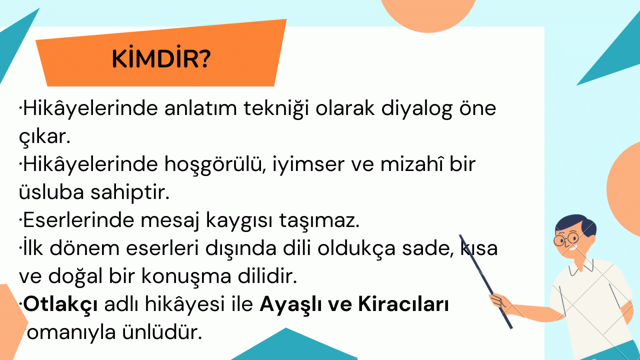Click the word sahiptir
coord(130,193)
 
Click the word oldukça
coord(356,249)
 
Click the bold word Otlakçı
coord(60,305)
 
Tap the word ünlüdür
coord(162,332)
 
